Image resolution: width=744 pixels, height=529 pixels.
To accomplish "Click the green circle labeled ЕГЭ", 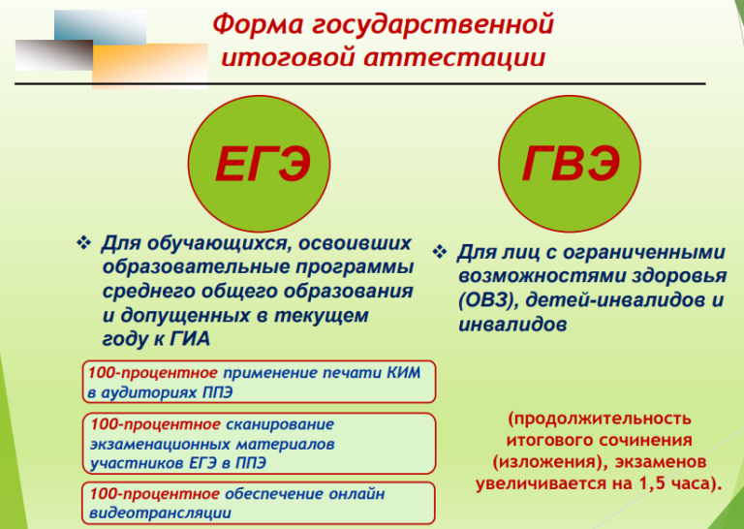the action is click(x=259, y=164).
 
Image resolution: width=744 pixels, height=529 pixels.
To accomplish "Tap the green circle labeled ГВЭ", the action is click(x=570, y=164).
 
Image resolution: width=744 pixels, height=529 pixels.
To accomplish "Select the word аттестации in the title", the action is click(x=455, y=57).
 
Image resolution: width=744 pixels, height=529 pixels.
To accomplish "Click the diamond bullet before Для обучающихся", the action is click(x=84, y=243).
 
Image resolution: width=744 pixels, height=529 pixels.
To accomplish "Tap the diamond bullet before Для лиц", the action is click(x=440, y=252).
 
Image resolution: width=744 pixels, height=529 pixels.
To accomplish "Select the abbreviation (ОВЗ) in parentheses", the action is click(x=487, y=300).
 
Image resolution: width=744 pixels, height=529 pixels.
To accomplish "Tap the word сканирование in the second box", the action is click(x=280, y=423).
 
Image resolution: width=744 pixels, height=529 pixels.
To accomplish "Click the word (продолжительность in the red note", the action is click(x=600, y=419).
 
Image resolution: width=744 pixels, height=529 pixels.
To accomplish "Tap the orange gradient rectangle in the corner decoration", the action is click(x=150, y=67).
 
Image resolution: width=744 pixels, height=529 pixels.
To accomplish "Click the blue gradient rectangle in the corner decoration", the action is click(x=100, y=27).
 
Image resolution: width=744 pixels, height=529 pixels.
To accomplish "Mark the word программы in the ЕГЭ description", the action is click(x=355, y=267).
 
